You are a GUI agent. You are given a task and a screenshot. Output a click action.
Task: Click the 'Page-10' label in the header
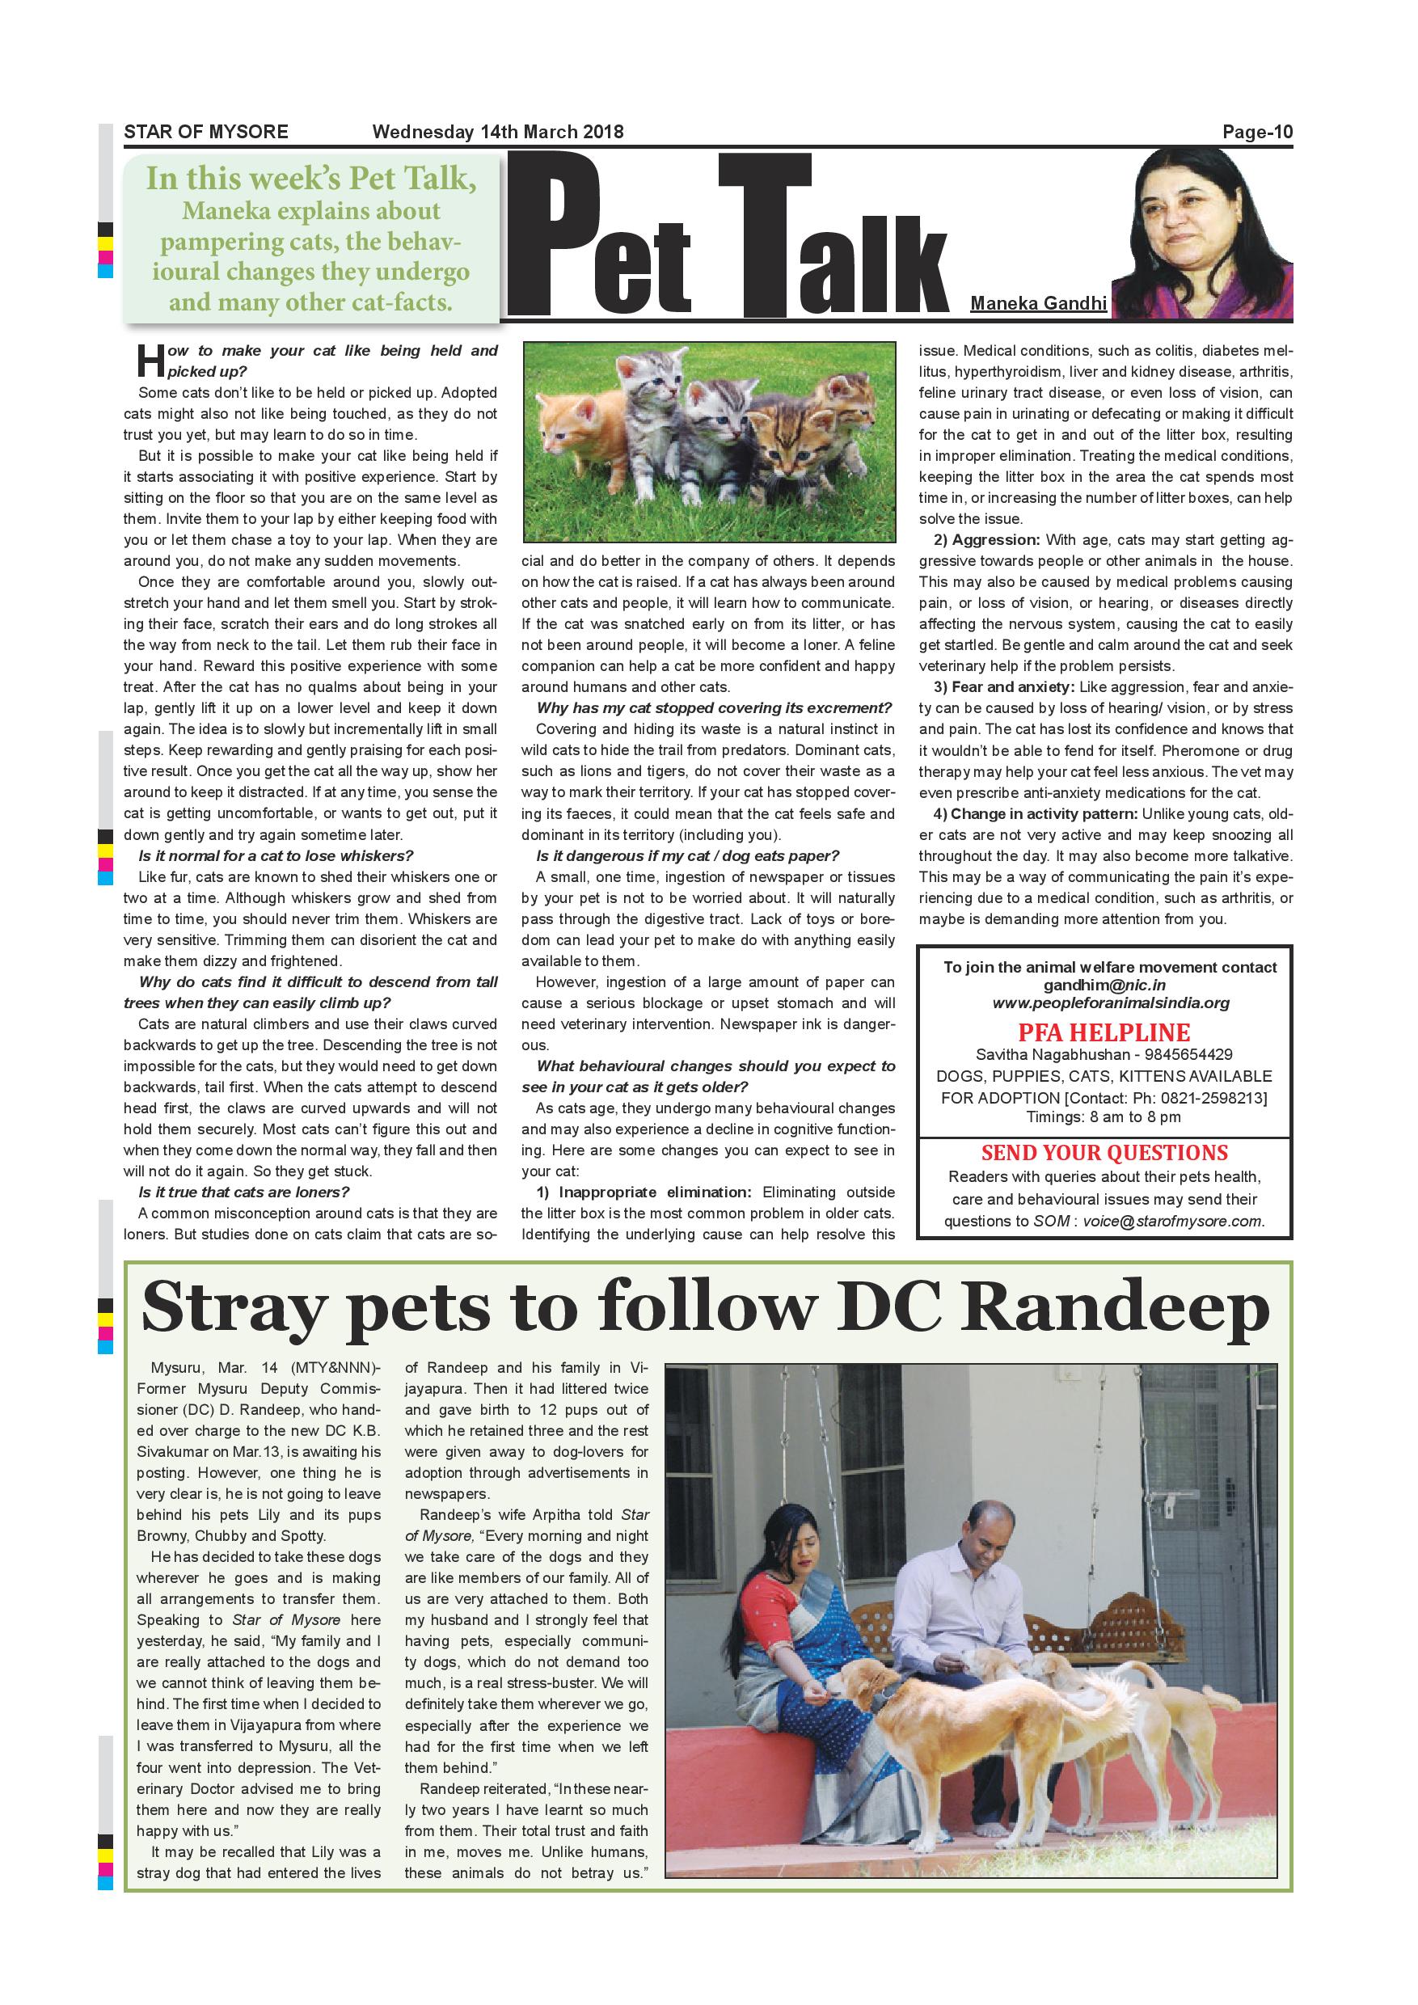click(x=1256, y=133)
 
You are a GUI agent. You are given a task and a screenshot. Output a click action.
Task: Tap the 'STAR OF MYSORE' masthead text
click(x=206, y=133)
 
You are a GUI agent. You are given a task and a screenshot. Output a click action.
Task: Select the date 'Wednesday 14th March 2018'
click(x=498, y=133)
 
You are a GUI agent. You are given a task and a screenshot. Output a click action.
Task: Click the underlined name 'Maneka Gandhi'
click(x=1038, y=303)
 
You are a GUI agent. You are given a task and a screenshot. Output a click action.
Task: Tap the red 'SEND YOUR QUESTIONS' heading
click(x=1104, y=1153)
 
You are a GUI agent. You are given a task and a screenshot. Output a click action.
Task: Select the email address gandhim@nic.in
click(x=1104, y=985)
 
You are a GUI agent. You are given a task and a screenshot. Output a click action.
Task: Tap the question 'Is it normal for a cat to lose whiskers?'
click(x=276, y=856)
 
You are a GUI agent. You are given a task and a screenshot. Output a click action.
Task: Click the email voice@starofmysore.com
click(x=1173, y=1221)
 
